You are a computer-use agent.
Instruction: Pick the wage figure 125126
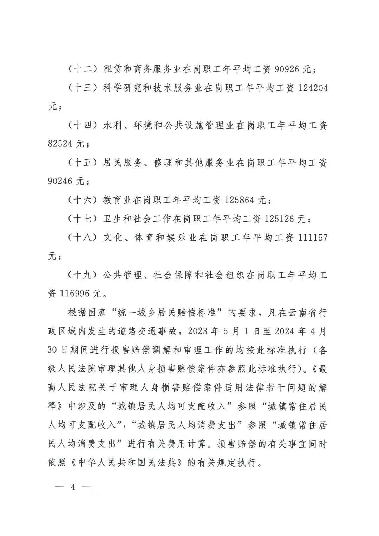click(x=280, y=219)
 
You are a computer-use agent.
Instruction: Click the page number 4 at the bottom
click(x=73, y=487)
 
